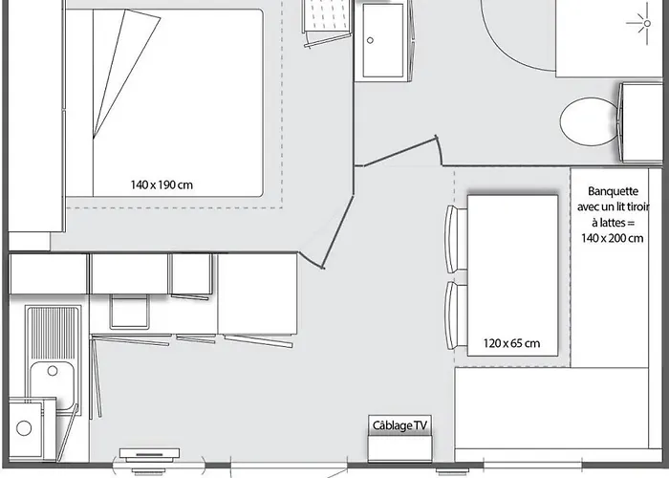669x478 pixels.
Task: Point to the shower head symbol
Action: pyautogui.click(x=637, y=20)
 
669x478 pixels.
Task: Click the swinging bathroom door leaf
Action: pyautogui.click(x=398, y=153)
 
